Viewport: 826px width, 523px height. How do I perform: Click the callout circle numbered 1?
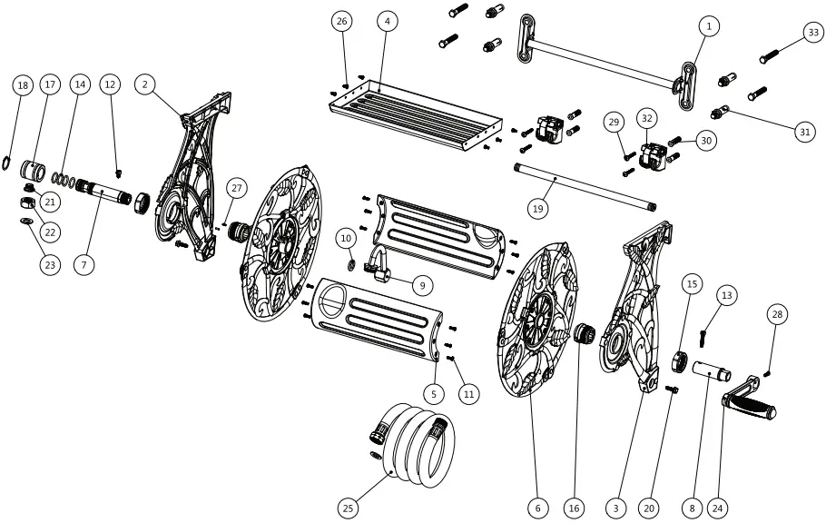(709, 26)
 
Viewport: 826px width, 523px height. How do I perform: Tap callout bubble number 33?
(811, 33)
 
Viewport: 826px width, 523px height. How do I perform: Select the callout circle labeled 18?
(23, 85)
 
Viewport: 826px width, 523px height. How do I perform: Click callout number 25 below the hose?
(348, 508)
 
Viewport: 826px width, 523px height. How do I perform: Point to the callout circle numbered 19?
(537, 208)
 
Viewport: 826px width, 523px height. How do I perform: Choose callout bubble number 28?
(776, 314)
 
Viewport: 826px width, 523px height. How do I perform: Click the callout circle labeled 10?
(345, 238)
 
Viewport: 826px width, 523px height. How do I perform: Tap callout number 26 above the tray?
(341, 21)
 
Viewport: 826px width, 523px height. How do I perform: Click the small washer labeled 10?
(351, 265)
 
